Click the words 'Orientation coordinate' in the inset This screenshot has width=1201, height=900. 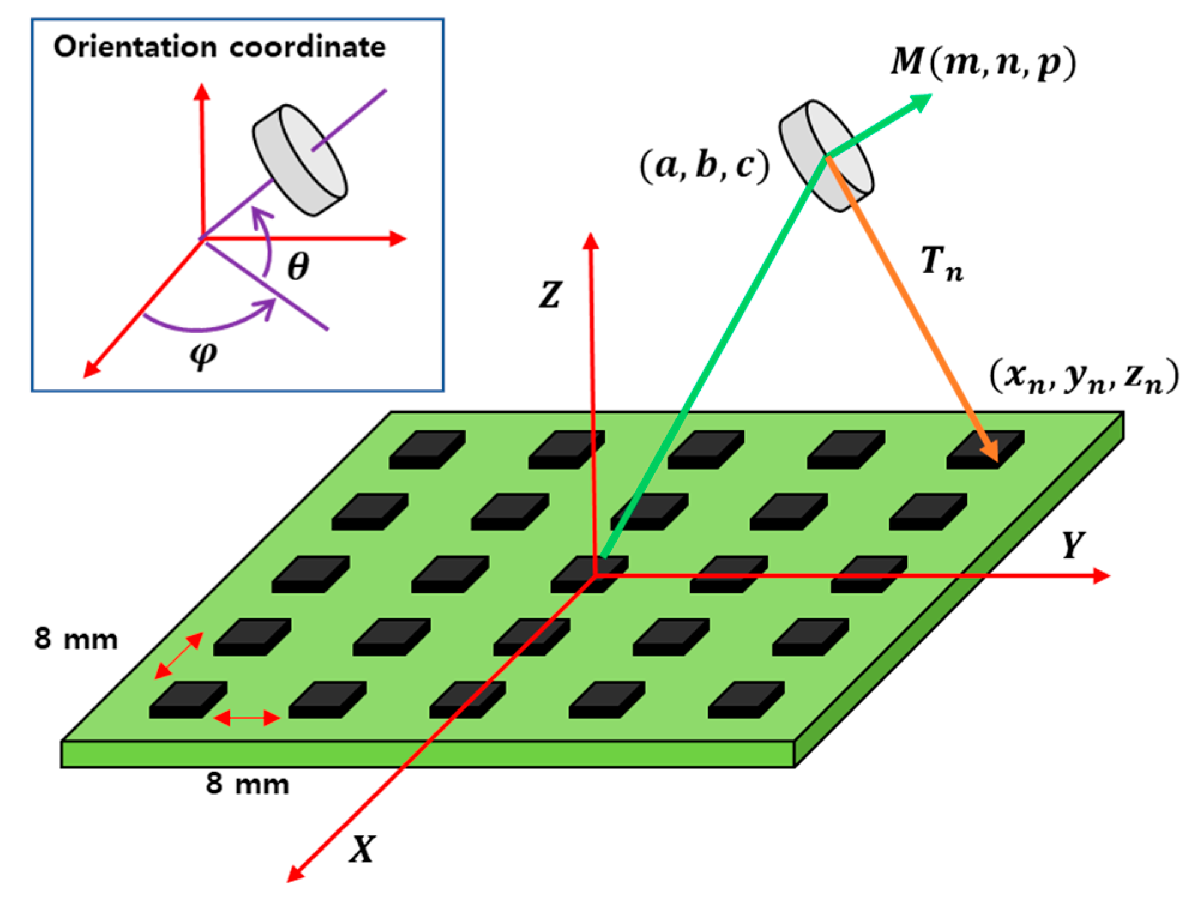coord(219,47)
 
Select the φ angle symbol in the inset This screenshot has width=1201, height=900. coord(203,355)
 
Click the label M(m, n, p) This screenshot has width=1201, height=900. coord(983,62)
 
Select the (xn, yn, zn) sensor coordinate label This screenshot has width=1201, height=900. coord(1084,377)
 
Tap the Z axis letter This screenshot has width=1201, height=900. coord(550,295)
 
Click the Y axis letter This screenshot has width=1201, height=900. coord(1072,545)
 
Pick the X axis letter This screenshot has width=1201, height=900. coord(363,849)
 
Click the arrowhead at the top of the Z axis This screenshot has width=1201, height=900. coord(591,241)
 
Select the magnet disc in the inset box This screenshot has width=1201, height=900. coord(300,160)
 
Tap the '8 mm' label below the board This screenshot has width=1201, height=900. coord(248,784)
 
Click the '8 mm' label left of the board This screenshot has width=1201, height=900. coord(76,639)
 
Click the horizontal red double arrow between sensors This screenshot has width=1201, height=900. coord(247,717)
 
